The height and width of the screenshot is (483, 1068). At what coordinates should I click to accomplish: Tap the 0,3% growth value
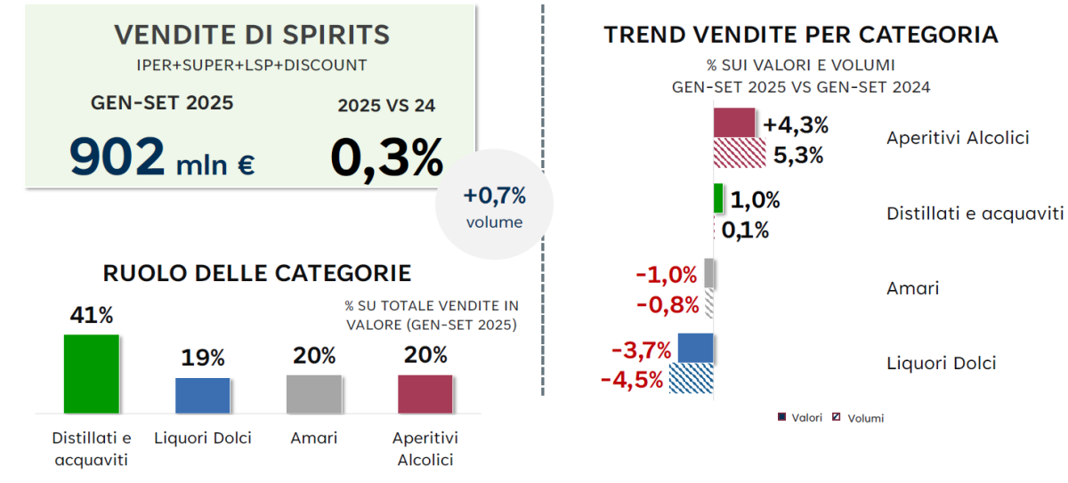pos(386,158)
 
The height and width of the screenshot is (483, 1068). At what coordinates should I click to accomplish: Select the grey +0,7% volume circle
pos(494,205)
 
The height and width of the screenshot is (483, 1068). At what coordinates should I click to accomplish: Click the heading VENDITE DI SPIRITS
pos(252,35)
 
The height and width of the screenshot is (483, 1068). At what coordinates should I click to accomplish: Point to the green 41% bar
pos(91,374)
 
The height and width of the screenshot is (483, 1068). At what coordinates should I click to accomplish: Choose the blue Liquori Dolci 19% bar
pos(202,395)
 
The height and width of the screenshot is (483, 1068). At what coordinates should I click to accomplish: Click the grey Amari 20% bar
pos(313,394)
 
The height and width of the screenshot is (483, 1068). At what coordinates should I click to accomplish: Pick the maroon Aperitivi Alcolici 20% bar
pos(425,394)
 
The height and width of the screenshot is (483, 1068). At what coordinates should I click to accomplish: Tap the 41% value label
pos(92,316)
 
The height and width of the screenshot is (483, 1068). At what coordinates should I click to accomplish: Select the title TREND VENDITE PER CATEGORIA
pos(800,35)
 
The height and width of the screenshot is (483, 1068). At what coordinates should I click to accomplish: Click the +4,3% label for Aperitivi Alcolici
pos(796,125)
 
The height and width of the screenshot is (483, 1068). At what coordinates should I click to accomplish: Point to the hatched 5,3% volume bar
pos(740,154)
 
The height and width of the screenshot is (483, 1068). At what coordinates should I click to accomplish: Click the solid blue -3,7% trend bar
pos(695,348)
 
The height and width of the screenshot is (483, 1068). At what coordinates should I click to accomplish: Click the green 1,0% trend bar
pos(718,198)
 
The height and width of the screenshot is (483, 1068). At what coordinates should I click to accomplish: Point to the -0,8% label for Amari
pos(667,305)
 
